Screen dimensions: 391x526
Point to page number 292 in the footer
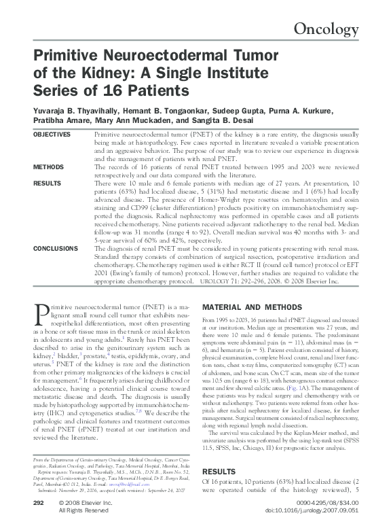tap(39, 502)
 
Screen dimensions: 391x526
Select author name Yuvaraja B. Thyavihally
tap(75, 111)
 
